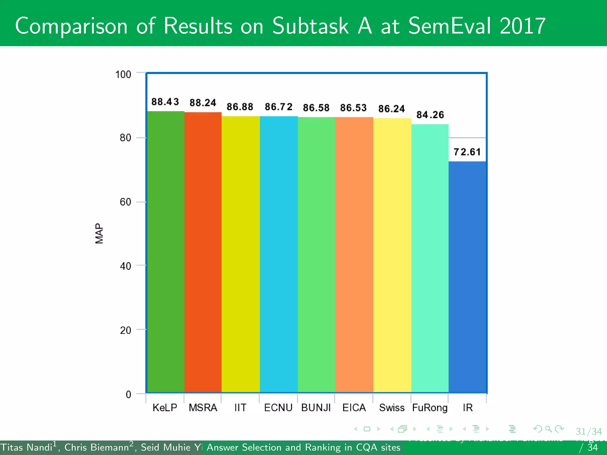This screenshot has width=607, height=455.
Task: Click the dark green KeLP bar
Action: pos(166,252)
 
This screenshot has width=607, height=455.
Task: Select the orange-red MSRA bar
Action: pos(203,252)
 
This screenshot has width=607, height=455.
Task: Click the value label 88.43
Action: pos(165,102)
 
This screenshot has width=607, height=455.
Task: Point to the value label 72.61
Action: pos(467,152)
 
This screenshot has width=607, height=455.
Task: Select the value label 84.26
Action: pos(430,115)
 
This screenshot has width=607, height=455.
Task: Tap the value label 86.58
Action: pos(316,108)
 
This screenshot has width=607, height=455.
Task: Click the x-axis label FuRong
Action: pos(430,408)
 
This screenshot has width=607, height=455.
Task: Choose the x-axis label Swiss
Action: pos(392,408)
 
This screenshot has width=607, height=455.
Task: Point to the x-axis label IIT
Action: pos(240,408)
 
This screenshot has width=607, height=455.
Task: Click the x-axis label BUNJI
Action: pos(316,408)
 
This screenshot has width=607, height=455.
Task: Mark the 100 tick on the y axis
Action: pos(123,74)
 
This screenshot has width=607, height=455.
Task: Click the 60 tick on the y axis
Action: pos(125,202)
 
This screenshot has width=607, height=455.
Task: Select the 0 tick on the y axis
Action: pos(128,394)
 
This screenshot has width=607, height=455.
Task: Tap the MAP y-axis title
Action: pos(99,233)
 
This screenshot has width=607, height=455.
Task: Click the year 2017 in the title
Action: pos(523,26)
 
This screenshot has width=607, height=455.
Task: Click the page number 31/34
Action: pos(589,432)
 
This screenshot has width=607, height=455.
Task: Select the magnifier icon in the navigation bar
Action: pos(548,429)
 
